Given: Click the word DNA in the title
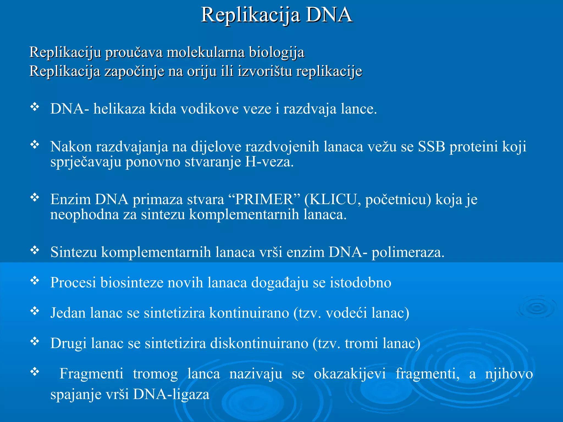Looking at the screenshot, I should tap(329, 15).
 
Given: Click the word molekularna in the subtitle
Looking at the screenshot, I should tap(206, 52).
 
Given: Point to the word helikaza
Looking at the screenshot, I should tap(119, 109).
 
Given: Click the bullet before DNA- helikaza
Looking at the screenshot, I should tap(35, 107).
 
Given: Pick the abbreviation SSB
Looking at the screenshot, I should tap(431, 146).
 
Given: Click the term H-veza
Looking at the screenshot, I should tap(269, 162).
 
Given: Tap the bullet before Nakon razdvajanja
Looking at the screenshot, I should tap(35, 144).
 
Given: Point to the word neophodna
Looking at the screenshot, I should tap(84, 215).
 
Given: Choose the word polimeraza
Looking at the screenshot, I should tap(408, 252).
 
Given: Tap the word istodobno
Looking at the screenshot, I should tap(360, 282).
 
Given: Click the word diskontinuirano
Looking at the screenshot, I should tap(259, 343).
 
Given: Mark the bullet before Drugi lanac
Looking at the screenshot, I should tap(35, 341).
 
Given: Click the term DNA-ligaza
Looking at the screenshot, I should tap(171, 395).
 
